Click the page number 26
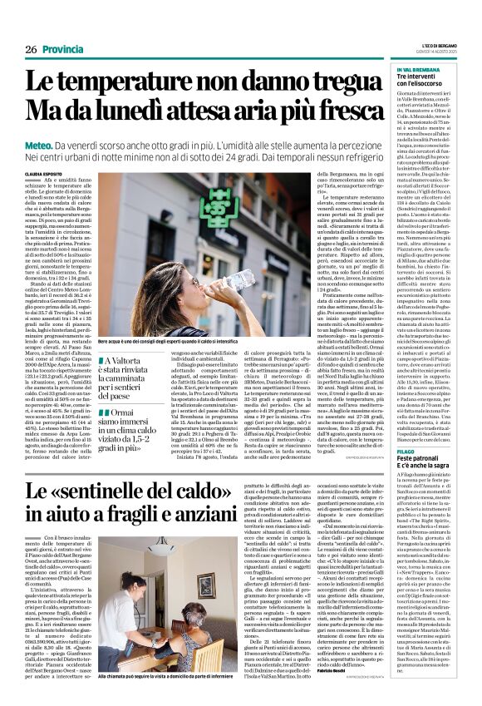pos(30,50)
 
